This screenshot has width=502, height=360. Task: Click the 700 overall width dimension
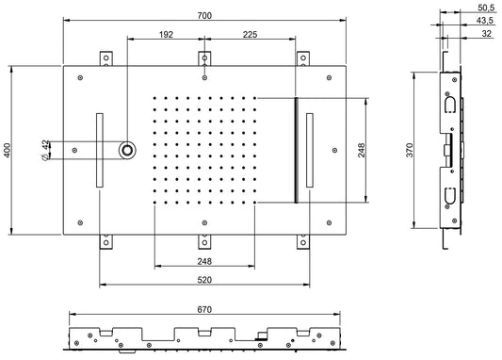[x=204, y=15]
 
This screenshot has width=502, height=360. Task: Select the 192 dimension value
[x=166, y=34]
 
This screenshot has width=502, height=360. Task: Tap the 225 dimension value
[x=250, y=34]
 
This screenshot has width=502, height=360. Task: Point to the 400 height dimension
[x=7, y=150]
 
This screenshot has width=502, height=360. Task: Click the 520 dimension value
[x=204, y=280]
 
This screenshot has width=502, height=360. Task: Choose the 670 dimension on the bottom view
[x=204, y=309]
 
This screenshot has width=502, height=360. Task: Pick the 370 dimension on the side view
[x=410, y=150]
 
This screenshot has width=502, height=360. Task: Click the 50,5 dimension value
[x=486, y=8]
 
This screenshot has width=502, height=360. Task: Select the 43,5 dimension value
[x=485, y=21]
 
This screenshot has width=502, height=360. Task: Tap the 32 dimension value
[x=486, y=33]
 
